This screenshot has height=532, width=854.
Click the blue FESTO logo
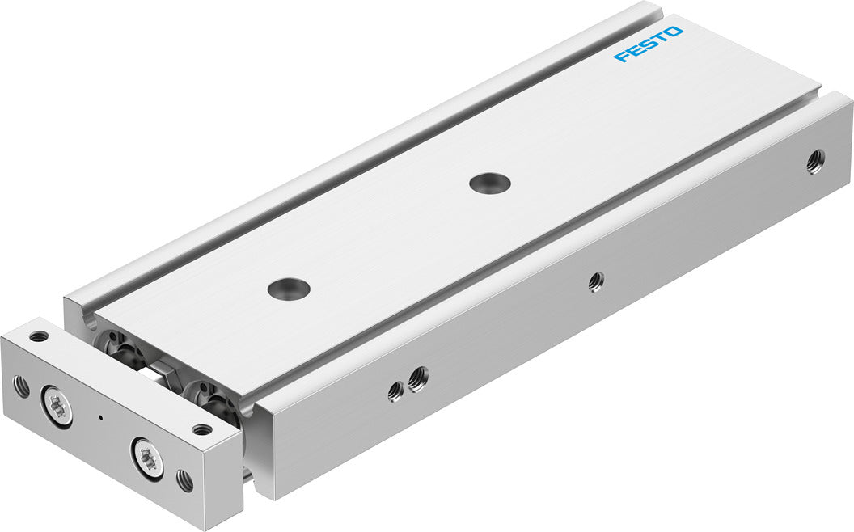click(x=648, y=44)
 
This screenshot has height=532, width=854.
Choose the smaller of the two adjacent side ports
click(x=395, y=391)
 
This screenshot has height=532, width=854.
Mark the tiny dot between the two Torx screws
click(x=100, y=418)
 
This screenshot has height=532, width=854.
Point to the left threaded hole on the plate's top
click(x=39, y=336)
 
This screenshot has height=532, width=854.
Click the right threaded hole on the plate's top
click(x=202, y=429)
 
